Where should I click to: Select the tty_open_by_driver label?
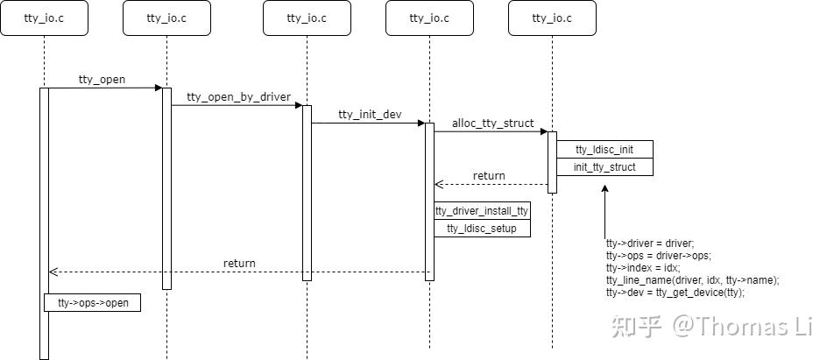click(x=238, y=97)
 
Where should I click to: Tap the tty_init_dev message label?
click(x=368, y=115)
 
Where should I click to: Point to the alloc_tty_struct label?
click(x=492, y=124)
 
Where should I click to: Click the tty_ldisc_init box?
click(x=604, y=150)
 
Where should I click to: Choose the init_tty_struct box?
click(x=604, y=167)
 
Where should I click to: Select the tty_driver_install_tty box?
click(x=482, y=211)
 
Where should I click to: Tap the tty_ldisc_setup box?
click(x=482, y=229)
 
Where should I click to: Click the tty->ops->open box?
click(x=93, y=303)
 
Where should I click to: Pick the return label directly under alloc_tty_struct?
click(x=489, y=176)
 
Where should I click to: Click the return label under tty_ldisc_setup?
click(x=239, y=263)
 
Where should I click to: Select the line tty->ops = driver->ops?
click(x=658, y=256)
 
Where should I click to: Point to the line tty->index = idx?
click(x=642, y=268)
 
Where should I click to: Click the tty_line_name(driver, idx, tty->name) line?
click(x=692, y=280)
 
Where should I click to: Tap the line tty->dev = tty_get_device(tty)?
click(x=675, y=293)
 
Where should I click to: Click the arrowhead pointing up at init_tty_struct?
click(x=604, y=188)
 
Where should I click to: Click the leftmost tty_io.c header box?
click(x=44, y=18)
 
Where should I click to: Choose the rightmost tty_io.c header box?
click(x=552, y=18)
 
